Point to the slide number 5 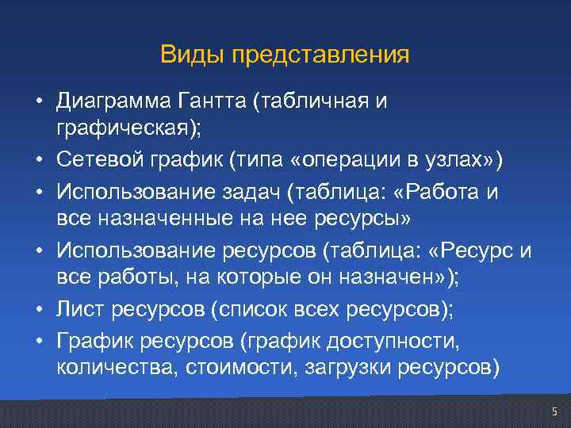pos(554,411)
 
